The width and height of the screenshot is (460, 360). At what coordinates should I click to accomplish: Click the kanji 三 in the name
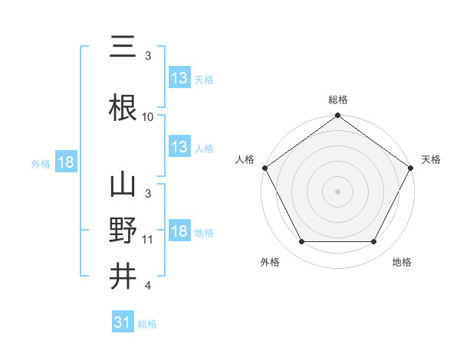pyautogui.click(x=123, y=49)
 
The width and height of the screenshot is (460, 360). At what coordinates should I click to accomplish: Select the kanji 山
pyautogui.click(x=123, y=186)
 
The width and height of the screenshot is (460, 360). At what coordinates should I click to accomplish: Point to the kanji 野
pyautogui.click(x=123, y=231)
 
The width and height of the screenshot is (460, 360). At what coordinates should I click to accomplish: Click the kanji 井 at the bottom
pyautogui.click(x=123, y=277)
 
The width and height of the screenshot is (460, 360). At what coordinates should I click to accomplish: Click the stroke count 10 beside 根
pyautogui.click(x=148, y=117)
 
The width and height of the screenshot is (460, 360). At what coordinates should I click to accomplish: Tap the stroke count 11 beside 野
pyautogui.click(x=148, y=240)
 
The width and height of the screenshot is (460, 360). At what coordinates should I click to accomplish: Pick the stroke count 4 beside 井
pyautogui.click(x=148, y=286)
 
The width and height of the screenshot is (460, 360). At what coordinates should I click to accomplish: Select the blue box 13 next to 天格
pyautogui.click(x=179, y=78)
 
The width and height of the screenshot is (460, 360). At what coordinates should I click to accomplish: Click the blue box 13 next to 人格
pyautogui.click(x=179, y=147)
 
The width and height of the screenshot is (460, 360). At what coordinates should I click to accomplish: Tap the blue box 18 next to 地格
pyautogui.click(x=179, y=231)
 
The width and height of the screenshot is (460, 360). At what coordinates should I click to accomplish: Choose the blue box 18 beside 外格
pyautogui.click(x=64, y=162)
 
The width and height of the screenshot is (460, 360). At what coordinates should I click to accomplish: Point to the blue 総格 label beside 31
pyautogui.click(x=148, y=324)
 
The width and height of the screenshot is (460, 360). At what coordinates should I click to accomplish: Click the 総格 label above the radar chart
pyautogui.click(x=337, y=100)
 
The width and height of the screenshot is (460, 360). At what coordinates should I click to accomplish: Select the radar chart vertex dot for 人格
pyautogui.click(x=264, y=168)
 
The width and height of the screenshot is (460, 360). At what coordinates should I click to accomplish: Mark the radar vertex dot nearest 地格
pyautogui.click(x=373, y=242)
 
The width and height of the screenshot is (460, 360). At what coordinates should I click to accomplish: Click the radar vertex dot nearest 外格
pyautogui.click(x=301, y=242)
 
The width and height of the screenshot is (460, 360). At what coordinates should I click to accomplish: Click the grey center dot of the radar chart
pyautogui.click(x=337, y=191)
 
